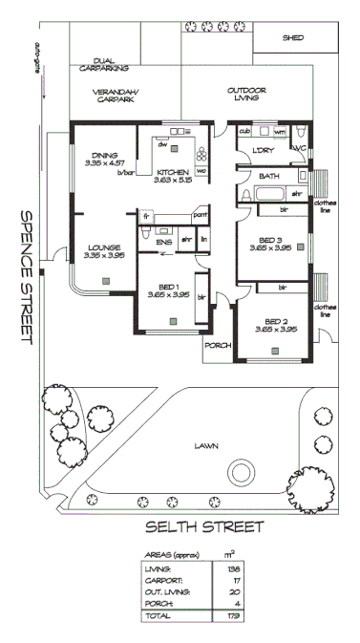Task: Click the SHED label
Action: [x=293, y=39]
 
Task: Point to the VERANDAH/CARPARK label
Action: [x=115, y=96]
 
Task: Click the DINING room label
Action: [x=105, y=156]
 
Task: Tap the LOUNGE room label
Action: [x=103, y=246]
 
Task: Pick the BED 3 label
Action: [x=272, y=240]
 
